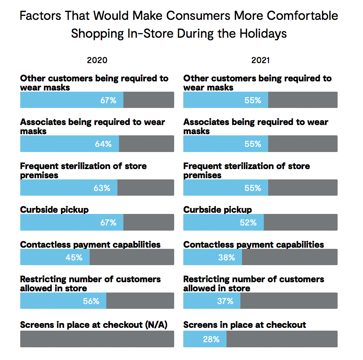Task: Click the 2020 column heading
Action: [97, 60]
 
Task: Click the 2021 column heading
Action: [260, 60]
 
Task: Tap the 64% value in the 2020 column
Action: [103, 144]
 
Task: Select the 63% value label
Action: [102, 188]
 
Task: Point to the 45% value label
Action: [74, 258]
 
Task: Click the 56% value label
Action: [91, 301]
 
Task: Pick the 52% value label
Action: [248, 223]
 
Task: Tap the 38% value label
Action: [227, 258]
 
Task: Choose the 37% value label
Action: [225, 301]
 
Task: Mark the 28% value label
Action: [211, 339]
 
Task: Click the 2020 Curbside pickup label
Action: [54, 210]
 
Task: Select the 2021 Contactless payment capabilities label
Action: [254, 244]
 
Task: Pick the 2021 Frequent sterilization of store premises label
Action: [246, 170]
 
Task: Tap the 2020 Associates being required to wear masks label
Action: [92, 127]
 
